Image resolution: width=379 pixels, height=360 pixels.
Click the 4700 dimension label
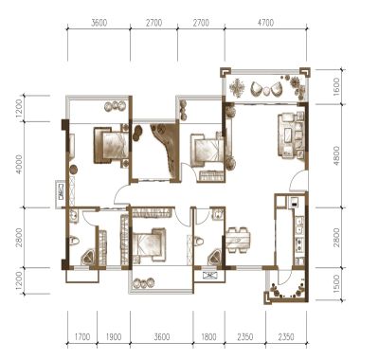[265, 23]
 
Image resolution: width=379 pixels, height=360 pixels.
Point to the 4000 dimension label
[19, 165]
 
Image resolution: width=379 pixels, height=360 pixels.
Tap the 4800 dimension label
[336, 155]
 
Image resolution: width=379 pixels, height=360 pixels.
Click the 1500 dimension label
[336, 283]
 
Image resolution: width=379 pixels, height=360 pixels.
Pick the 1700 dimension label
[81, 337]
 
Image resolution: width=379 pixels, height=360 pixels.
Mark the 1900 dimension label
[113, 337]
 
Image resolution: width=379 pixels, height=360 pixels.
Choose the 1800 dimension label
[208, 337]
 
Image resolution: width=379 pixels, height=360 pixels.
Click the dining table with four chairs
[238, 240]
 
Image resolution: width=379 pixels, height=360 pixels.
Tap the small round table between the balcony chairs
[266, 91]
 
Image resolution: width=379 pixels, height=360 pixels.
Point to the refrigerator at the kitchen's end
[294, 202]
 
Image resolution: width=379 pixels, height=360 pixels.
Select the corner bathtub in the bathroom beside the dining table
[216, 258]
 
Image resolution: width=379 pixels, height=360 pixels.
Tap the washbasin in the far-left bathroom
[73, 216]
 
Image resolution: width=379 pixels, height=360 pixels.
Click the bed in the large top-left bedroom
[111, 145]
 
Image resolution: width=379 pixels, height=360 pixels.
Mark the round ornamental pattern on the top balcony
[238, 88]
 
